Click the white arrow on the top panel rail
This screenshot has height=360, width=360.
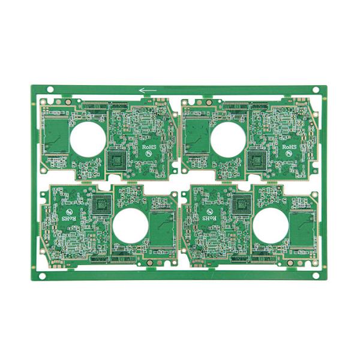click(148, 91)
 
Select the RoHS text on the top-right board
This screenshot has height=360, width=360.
click(289, 146)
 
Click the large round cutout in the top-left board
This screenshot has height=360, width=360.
click(88, 137)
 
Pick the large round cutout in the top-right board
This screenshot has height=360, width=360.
click(228, 137)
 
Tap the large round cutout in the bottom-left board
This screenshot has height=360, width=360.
click(131, 226)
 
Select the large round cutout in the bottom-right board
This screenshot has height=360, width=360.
click(271, 226)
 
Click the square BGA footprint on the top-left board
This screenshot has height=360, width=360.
click(118, 160)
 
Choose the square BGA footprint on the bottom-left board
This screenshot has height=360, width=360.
click(101, 204)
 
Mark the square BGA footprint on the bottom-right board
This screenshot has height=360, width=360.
click(241, 204)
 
